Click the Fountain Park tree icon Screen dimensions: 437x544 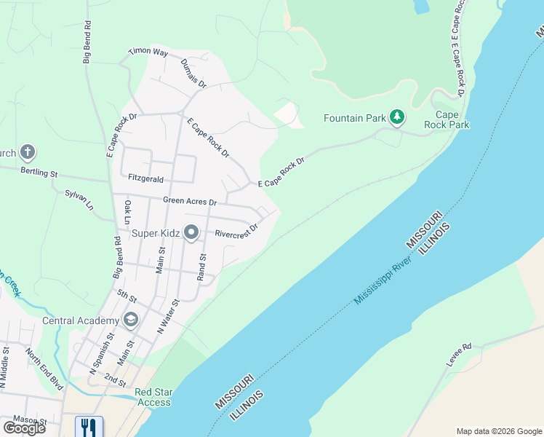(396, 117)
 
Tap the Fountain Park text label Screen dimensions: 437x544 (355, 118)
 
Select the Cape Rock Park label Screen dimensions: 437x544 (452, 119)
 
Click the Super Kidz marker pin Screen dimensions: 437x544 (191, 233)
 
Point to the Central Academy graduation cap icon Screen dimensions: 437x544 (131, 320)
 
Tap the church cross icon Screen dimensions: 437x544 (27, 153)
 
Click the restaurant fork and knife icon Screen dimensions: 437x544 (89, 426)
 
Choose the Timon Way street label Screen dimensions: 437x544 (148, 52)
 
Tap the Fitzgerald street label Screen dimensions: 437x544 (145, 178)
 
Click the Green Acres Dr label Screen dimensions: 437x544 (190, 201)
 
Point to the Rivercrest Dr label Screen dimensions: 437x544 (236, 234)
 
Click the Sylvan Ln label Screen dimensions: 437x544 (80, 200)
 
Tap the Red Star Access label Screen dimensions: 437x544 (153, 397)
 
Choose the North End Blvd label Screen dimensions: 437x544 (44, 368)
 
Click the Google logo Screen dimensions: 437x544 (25, 428)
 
